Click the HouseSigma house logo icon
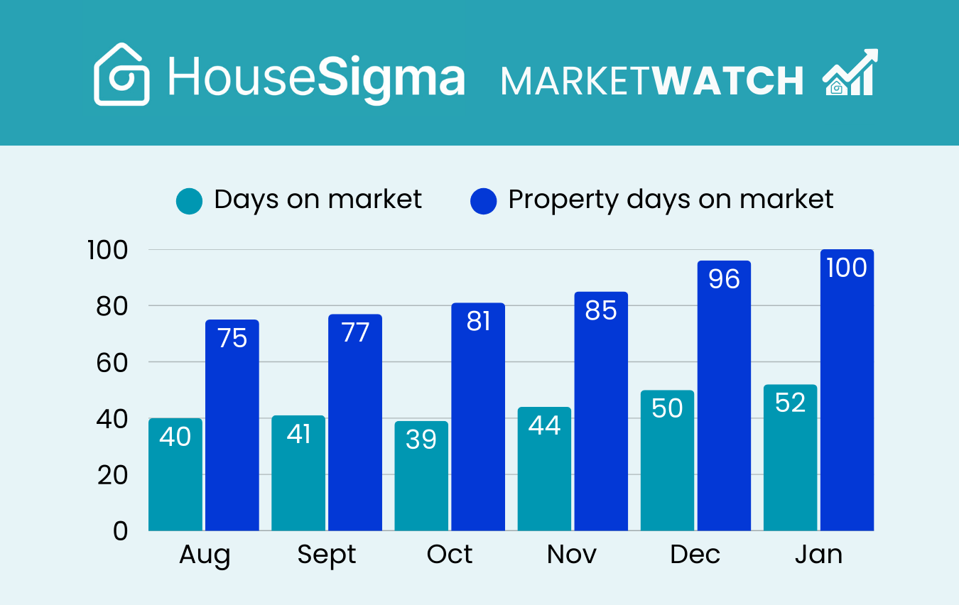(121, 75)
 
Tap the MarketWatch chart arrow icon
(850, 73)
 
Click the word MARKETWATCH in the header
(651, 80)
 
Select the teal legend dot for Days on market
(190, 201)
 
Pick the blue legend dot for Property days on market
(484, 201)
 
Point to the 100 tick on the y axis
(107, 250)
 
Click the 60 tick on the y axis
(112, 362)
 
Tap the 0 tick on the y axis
(120, 530)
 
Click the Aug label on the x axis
(205, 555)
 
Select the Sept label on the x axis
(327, 555)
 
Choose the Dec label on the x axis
(695, 555)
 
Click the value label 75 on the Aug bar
(232, 339)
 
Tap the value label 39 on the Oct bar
(421, 440)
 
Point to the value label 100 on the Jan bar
(847, 268)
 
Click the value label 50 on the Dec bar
(667, 408)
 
